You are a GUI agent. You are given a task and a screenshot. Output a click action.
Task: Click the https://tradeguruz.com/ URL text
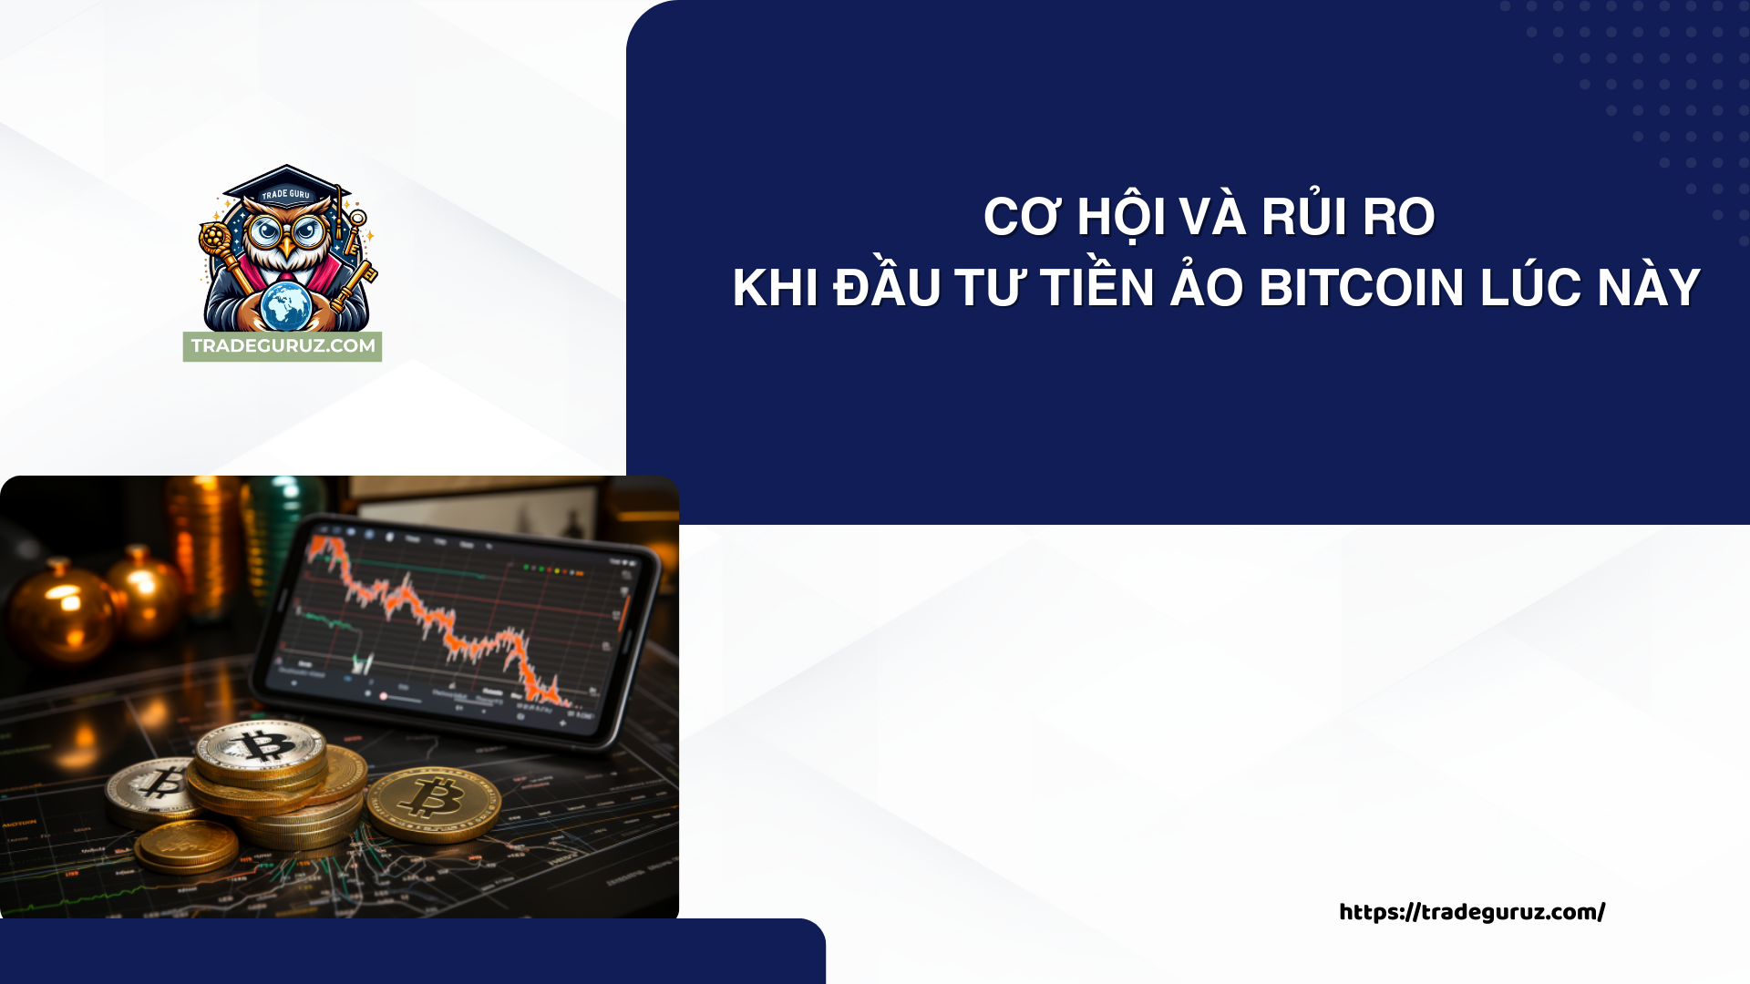1471,912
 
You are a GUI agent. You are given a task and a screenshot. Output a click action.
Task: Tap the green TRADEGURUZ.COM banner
283,346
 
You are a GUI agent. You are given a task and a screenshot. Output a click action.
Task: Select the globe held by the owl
286,305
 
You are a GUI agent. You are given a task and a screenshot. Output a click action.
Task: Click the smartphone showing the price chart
456,629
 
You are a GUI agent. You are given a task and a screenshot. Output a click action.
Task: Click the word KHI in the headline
775,288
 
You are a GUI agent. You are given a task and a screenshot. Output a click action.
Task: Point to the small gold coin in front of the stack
188,846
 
